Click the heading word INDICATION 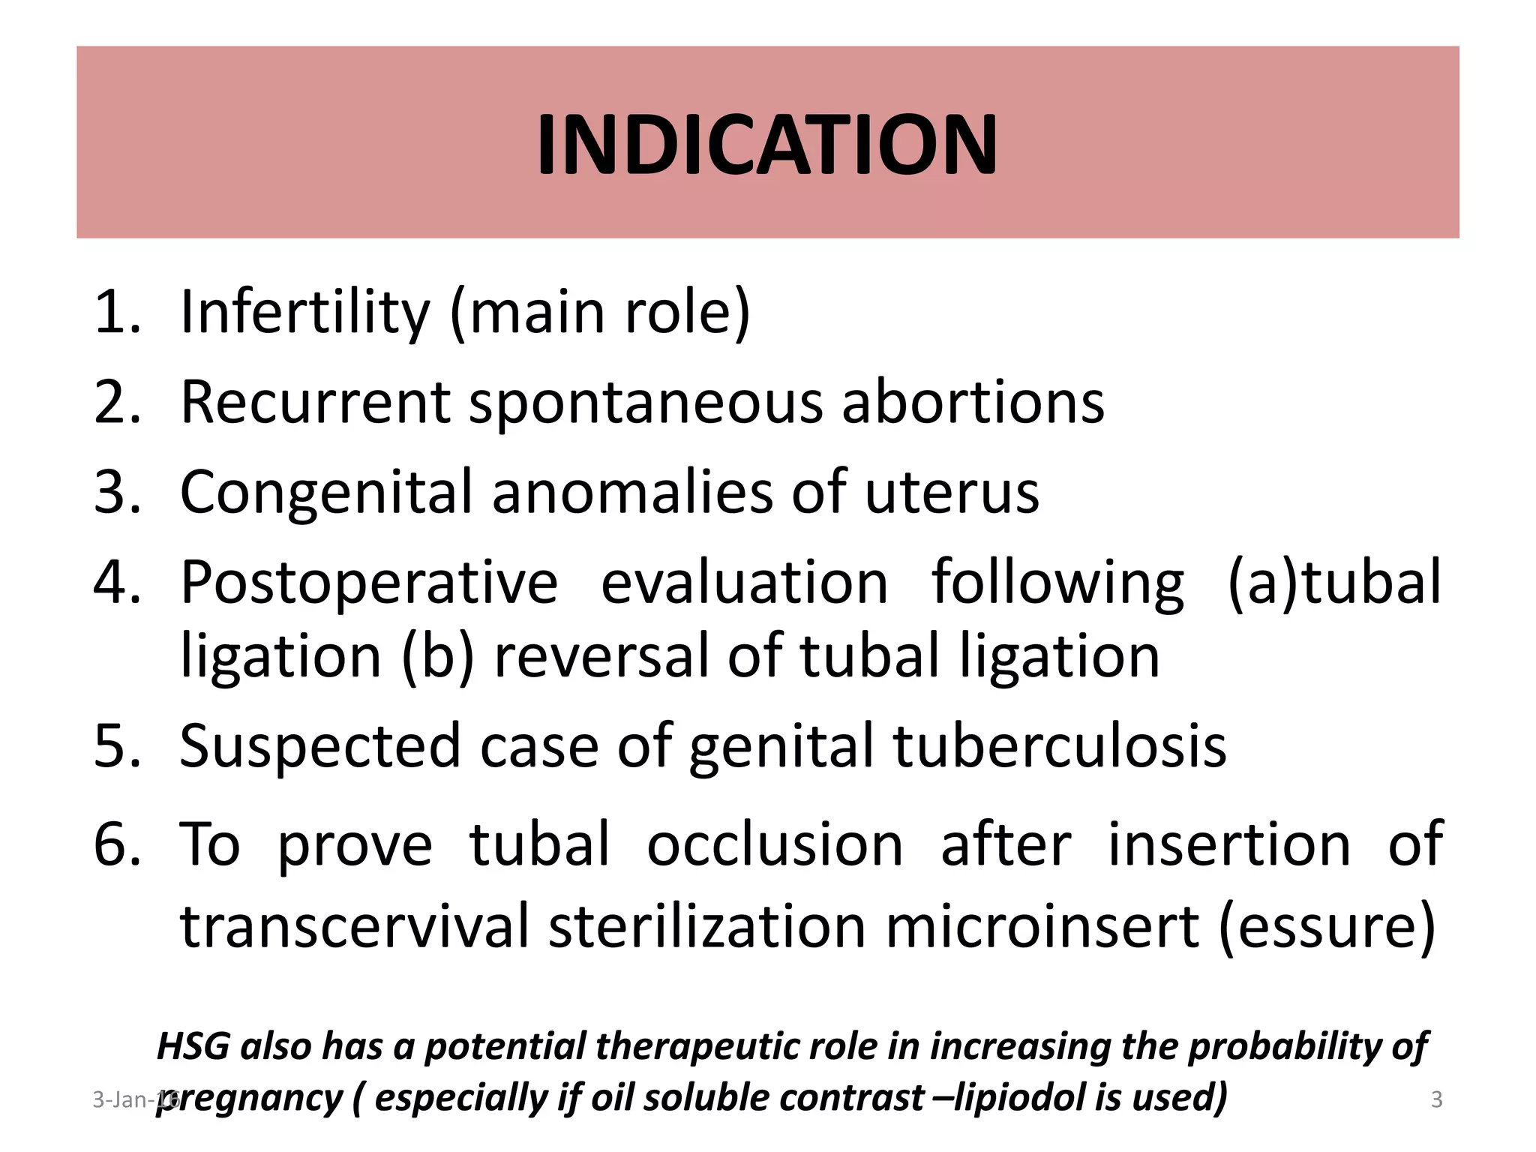(766, 145)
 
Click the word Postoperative (369, 583)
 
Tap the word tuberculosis (1059, 747)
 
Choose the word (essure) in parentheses (1327, 928)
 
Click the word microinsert (1042, 928)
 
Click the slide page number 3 (1436, 1100)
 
